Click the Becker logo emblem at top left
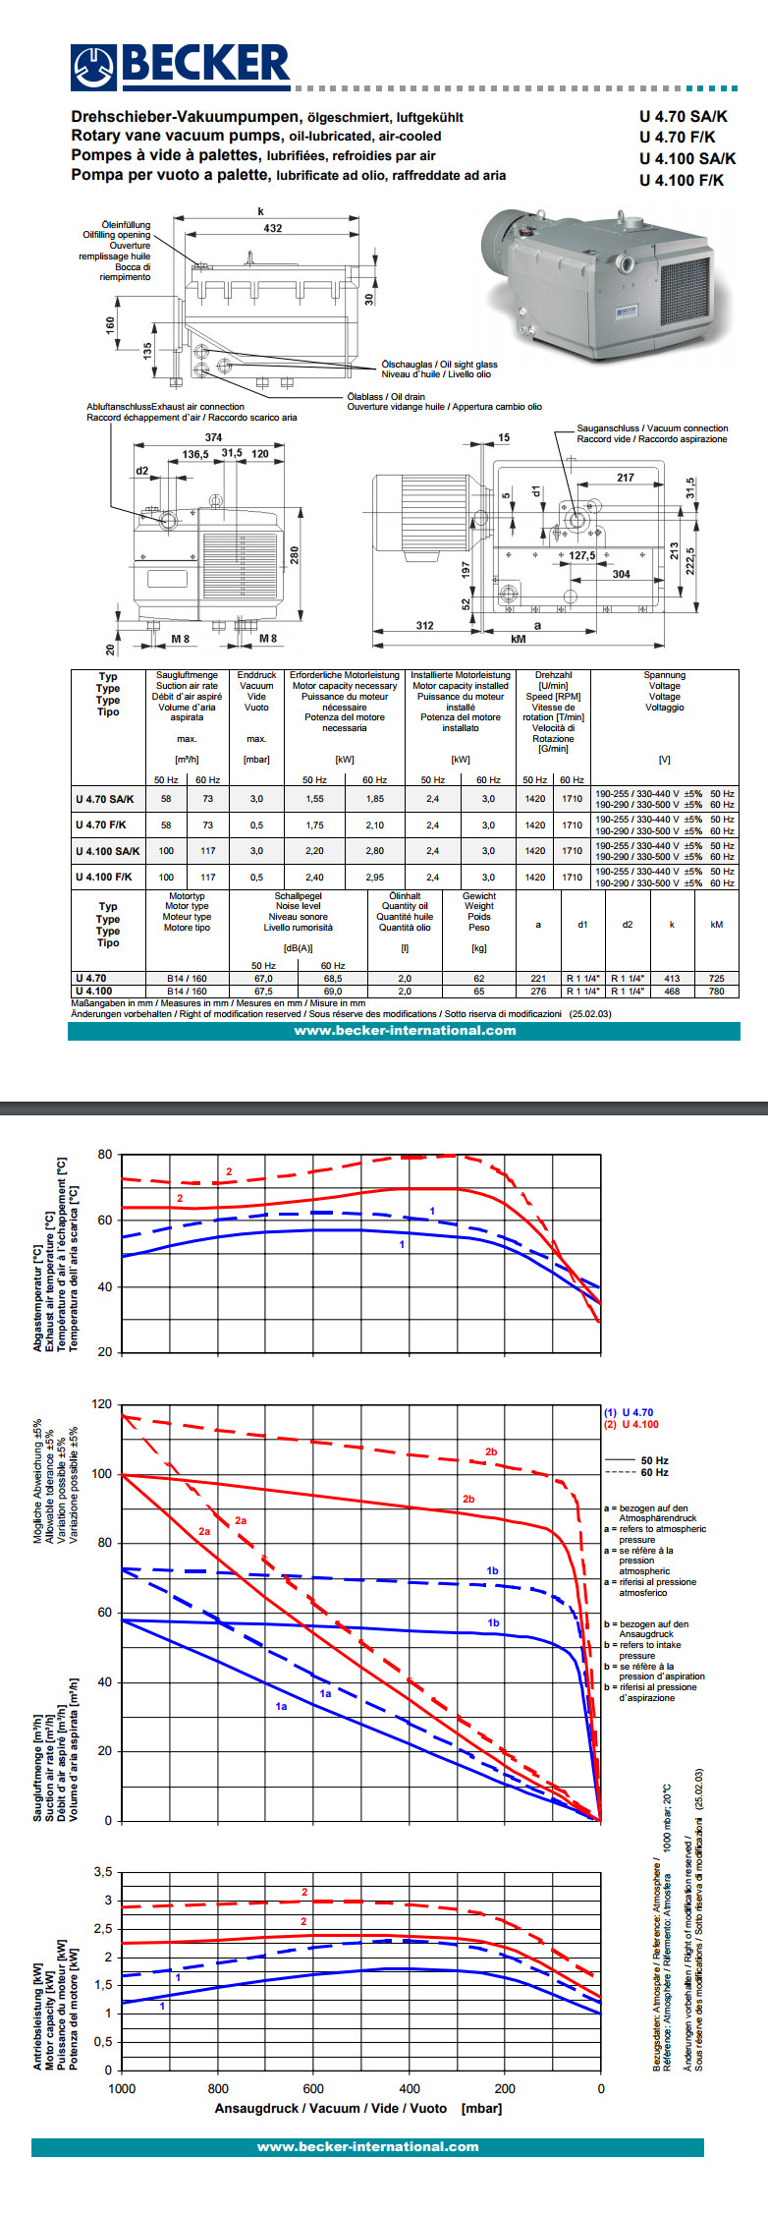point(94,67)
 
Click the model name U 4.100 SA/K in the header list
point(686,158)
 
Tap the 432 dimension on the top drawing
point(272,228)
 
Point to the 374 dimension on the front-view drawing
point(213,437)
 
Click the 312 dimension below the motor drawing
point(424,625)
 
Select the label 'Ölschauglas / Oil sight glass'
point(439,365)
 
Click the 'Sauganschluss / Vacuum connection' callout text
point(652,428)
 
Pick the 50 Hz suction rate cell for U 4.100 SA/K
point(166,851)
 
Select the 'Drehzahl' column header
point(553,675)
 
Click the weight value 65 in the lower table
point(479,991)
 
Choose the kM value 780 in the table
point(716,991)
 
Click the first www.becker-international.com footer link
point(405,1030)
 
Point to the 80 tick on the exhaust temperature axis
point(105,1154)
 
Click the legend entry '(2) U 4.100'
point(631,1424)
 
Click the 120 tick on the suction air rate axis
point(102,1404)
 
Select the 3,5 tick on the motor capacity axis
point(103,1871)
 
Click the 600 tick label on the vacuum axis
point(313,2088)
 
